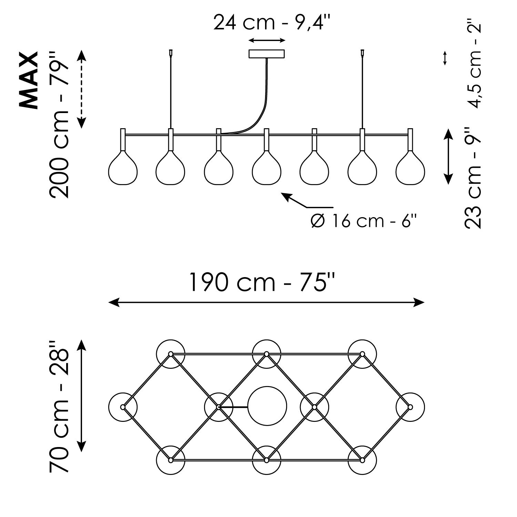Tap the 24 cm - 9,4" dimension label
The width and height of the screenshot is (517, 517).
point(272,22)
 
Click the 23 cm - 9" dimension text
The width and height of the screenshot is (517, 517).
point(473,178)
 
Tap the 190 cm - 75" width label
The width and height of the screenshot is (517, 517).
point(262,282)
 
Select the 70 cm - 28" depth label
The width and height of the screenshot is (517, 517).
point(59,407)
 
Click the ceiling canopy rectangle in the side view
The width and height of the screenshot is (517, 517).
point(267,54)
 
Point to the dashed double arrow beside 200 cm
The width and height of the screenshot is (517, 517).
point(81,89)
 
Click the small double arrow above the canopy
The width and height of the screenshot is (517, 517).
point(267,41)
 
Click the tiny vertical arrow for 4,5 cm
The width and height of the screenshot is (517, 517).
point(445,58)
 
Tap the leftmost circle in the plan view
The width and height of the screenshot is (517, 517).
point(123,407)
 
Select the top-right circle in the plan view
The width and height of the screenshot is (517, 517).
point(362,354)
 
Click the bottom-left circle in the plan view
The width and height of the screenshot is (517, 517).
point(171,460)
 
